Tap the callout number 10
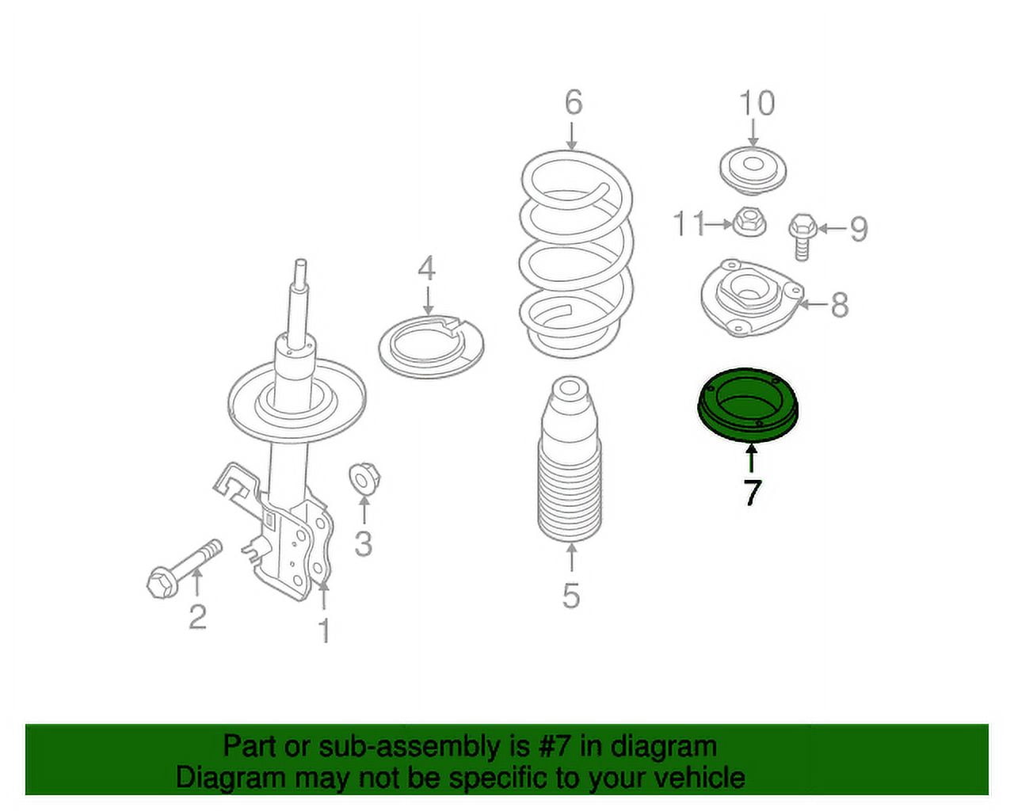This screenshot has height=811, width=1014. click(757, 103)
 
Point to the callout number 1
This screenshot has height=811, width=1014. click(324, 630)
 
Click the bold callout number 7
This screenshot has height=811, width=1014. click(752, 492)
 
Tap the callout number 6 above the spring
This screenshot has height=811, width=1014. click(574, 102)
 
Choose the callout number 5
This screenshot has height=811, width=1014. click(570, 595)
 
